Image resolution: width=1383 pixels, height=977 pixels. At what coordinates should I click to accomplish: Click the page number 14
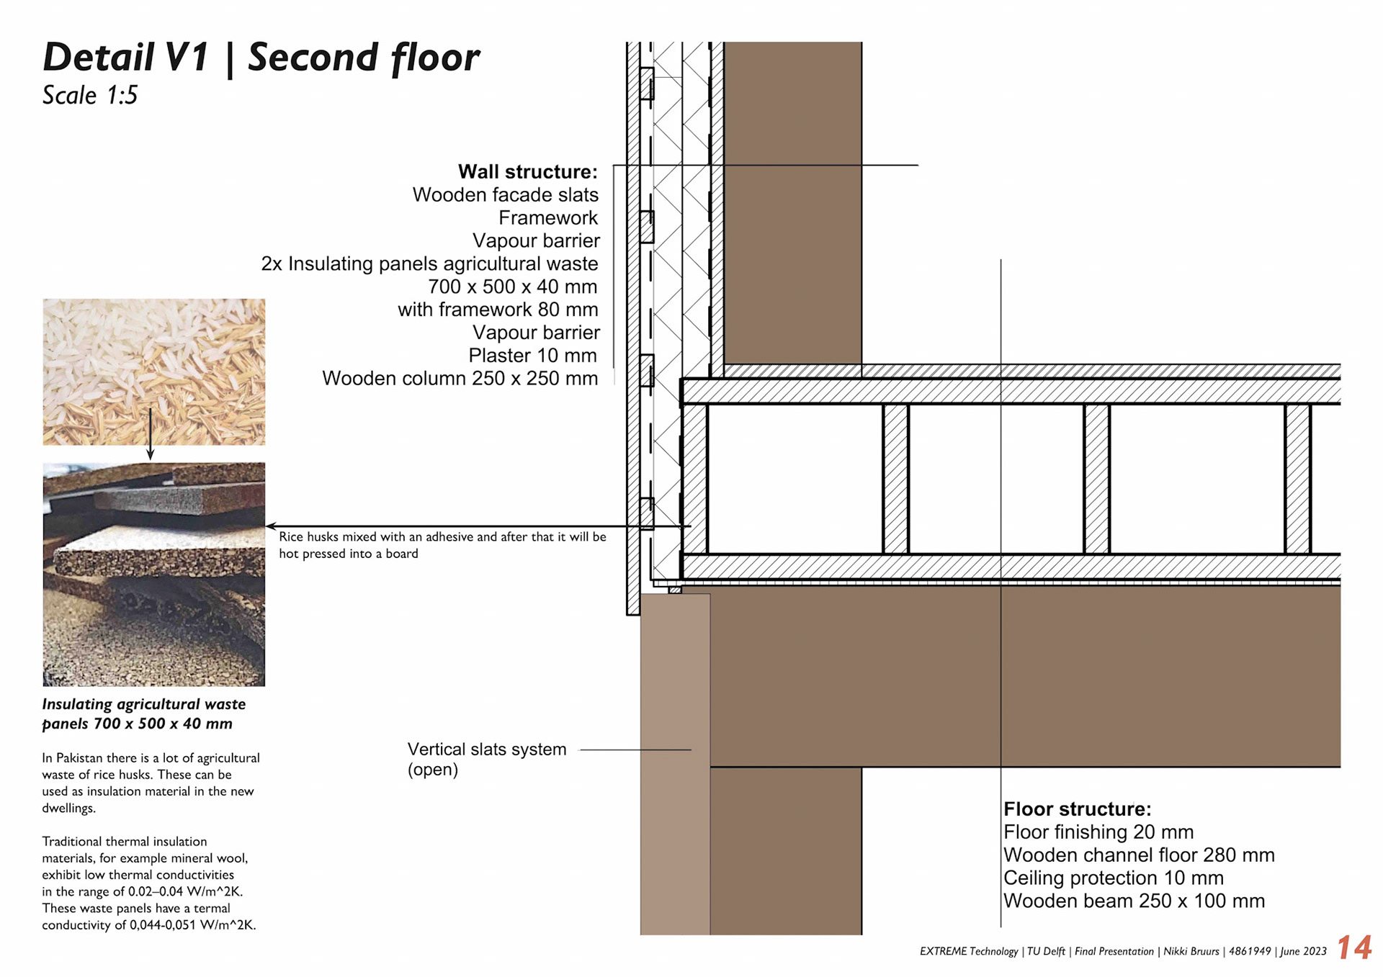[x=1353, y=947]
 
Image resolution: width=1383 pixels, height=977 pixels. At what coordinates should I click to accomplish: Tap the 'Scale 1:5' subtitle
[x=89, y=96]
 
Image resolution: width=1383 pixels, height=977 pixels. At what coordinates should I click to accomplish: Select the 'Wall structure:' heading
[x=527, y=172]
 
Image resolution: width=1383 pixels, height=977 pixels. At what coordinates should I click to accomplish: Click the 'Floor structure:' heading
[x=1077, y=809]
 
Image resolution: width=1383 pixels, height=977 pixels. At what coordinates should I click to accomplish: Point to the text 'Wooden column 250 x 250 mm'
[x=460, y=379]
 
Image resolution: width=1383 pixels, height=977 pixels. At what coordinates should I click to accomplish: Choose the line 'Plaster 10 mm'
[x=532, y=356]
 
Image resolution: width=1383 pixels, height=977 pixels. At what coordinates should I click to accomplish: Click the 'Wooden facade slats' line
[x=505, y=195]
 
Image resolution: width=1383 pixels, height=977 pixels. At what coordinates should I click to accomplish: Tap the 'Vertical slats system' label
[x=487, y=749]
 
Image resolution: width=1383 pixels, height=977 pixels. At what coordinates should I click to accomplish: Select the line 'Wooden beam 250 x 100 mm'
[x=1134, y=901]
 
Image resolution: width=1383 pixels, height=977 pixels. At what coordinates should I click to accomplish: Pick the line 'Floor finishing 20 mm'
[x=1098, y=832]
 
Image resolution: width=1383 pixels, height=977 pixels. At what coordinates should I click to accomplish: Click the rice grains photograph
[x=153, y=372]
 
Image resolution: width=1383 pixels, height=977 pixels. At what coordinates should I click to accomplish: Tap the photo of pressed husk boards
[x=153, y=574]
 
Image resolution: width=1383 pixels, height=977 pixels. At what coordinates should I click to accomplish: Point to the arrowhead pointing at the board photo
[x=271, y=526]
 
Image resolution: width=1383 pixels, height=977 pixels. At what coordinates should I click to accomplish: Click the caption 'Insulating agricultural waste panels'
[x=143, y=713]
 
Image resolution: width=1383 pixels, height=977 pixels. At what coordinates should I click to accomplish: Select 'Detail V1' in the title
[x=126, y=58]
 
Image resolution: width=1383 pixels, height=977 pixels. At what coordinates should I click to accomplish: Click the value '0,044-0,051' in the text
[x=162, y=925]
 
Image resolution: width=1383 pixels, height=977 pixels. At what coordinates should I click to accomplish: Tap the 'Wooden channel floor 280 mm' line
[x=1139, y=855]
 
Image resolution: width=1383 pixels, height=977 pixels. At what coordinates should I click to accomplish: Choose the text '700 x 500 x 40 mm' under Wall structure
[x=512, y=287]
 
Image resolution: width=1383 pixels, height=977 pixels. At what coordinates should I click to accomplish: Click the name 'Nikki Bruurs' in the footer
[x=1191, y=952]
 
